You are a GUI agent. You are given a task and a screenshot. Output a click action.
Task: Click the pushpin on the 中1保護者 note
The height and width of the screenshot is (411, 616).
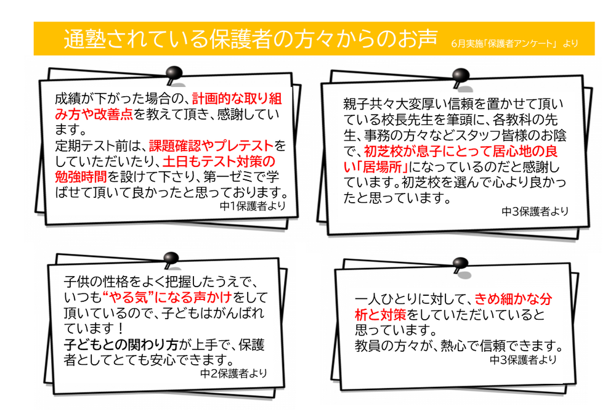(175, 71)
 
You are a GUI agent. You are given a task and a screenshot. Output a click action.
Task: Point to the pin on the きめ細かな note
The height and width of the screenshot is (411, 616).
(458, 264)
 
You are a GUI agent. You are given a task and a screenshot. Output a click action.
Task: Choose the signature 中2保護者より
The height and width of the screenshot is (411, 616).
(233, 372)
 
